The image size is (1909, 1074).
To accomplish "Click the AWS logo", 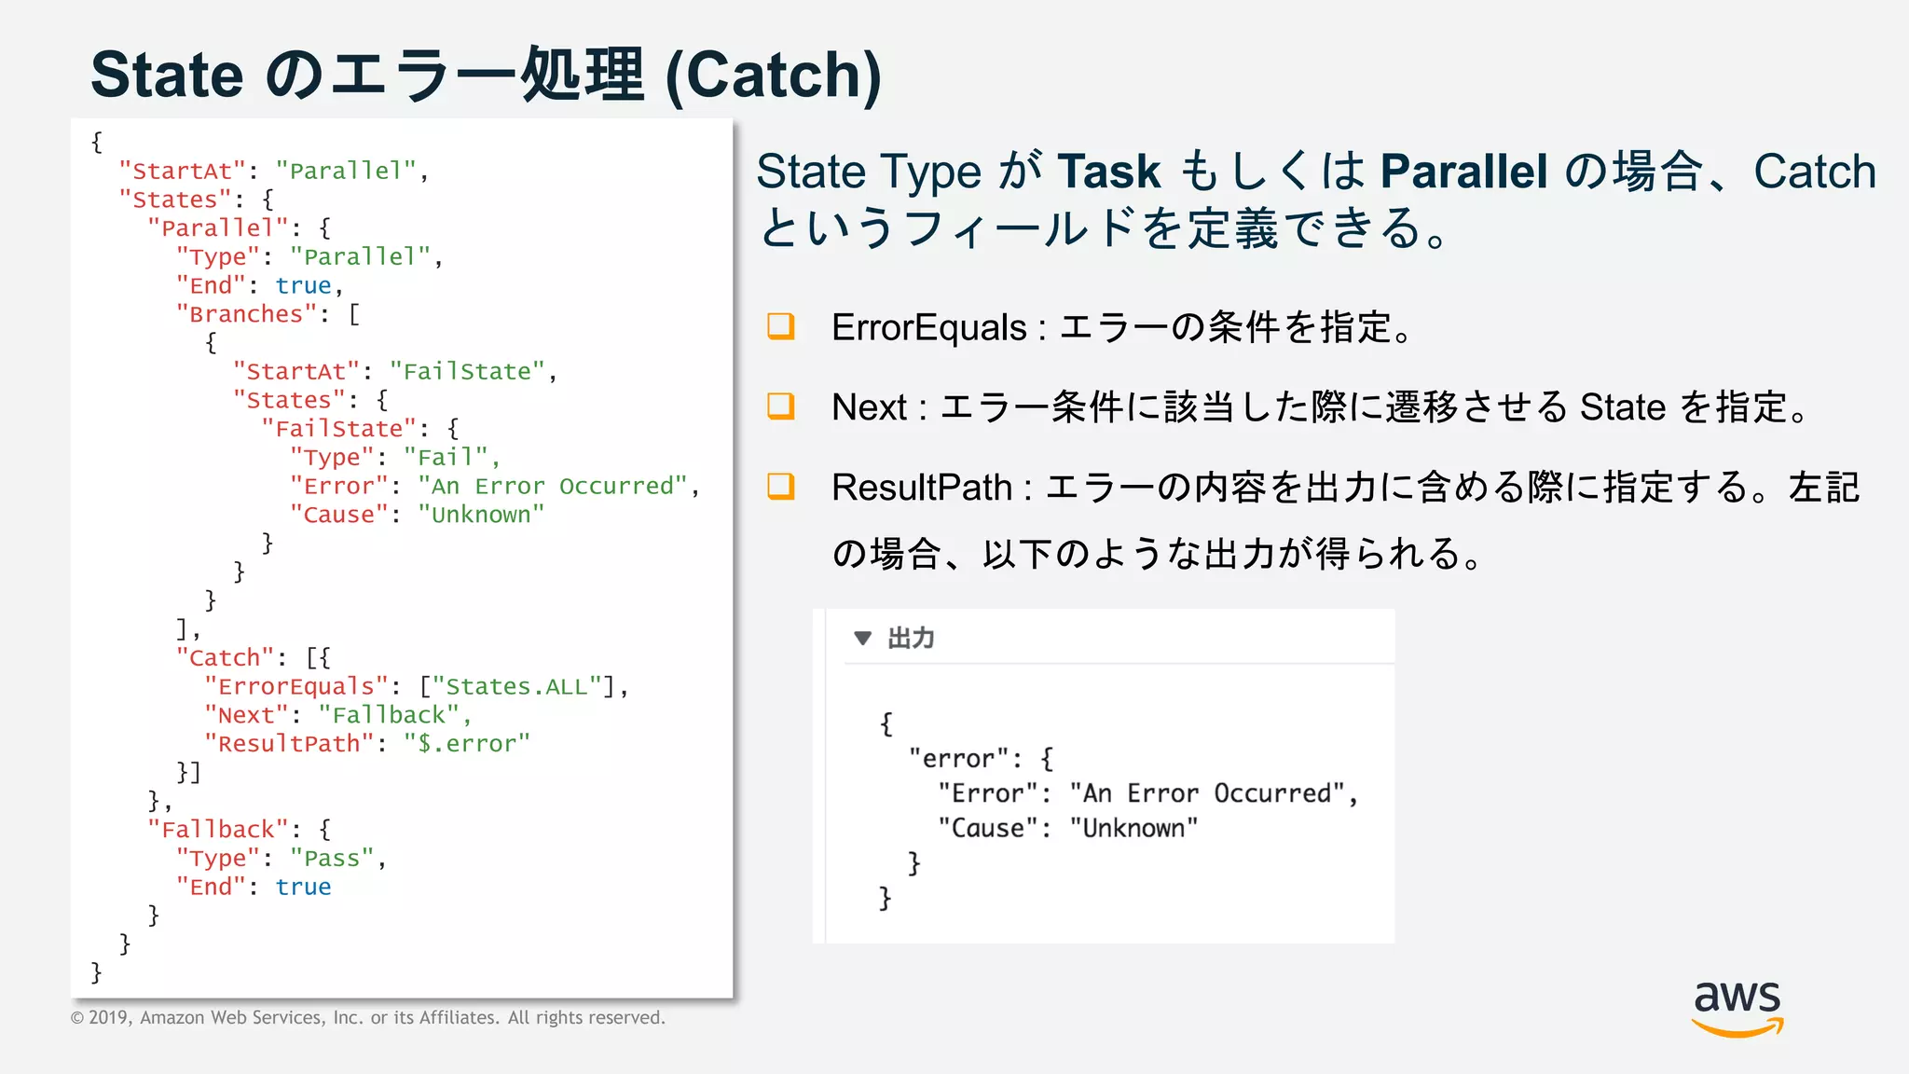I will (1737, 1007).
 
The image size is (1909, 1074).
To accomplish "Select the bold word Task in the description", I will (1108, 172).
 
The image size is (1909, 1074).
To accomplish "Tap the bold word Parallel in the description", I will (1463, 172).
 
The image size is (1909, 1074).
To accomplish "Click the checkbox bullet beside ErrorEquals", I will (780, 326).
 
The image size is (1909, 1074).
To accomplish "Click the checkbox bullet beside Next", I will (780, 406).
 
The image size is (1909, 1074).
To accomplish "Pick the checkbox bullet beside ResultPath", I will (780, 486).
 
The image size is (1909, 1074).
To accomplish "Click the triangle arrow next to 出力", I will (862, 639).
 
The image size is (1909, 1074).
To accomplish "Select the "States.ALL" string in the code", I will (516, 687).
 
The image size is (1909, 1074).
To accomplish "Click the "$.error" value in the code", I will (467, 744).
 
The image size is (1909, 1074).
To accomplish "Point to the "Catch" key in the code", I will (225, 658).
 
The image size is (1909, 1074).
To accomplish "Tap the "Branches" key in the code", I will (246, 314).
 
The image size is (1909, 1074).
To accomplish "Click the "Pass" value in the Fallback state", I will (332, 859).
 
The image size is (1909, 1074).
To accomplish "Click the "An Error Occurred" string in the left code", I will (553, 487).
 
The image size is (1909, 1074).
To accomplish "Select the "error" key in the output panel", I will (958, 759).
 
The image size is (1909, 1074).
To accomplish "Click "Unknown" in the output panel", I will (1133, 828).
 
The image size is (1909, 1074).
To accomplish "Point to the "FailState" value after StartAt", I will (467, 372).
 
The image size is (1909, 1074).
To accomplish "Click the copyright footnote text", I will (368, 1017).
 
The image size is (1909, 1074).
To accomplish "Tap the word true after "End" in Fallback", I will (303, 888).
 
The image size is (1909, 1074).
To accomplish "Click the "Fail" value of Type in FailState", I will (446, 458).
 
